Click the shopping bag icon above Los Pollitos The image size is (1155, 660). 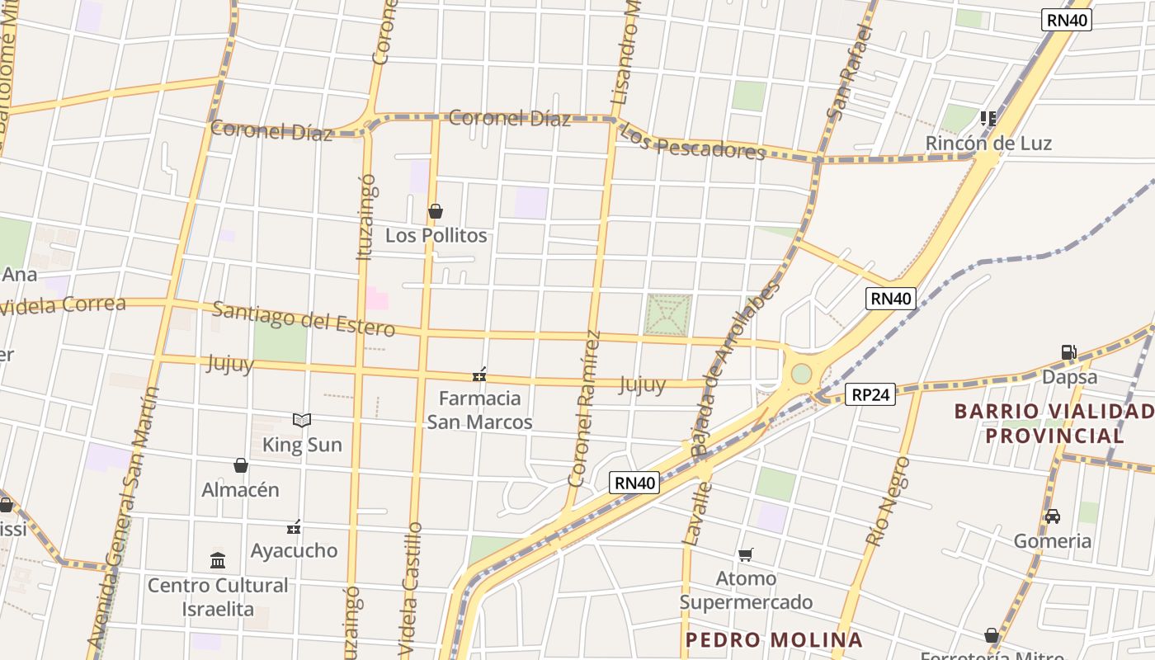[x=436, y=212]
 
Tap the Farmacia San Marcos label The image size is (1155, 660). [x=479, y=410]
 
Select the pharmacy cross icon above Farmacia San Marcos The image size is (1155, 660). [x=479, y=375]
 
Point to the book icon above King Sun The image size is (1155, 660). [x=302, y=421]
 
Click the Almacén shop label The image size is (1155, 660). [x=241, y=489]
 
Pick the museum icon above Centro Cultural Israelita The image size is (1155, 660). [x=218, y=561]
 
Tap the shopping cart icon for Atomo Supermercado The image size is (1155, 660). [x=746, y=554]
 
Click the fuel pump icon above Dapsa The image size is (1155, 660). [x=1069, y=352]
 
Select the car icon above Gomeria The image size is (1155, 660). [x=1053, y=516]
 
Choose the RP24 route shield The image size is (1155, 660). [x=870, y=394]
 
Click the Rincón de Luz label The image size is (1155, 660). [x=988, y=143]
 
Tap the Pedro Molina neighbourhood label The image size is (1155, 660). [x=774, y=639]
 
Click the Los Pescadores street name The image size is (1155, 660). [x=691, y=142]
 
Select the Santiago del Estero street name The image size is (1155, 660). [x=304, y=318]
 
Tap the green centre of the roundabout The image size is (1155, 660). [x=801, y=375]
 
